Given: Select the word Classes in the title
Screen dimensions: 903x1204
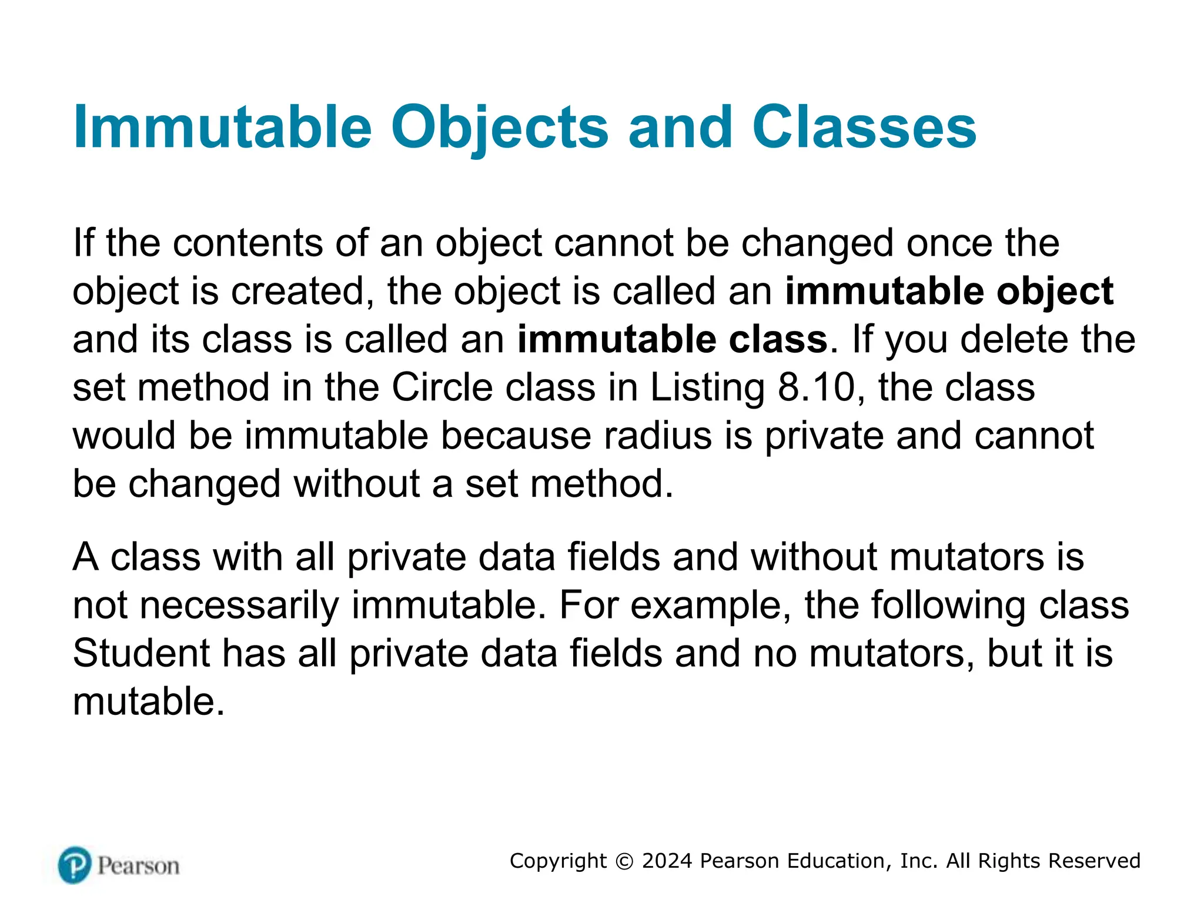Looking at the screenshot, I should [864, 128].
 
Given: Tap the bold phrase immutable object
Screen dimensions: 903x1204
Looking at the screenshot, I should [949, 292].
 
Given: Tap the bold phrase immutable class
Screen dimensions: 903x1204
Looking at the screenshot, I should [672, 340].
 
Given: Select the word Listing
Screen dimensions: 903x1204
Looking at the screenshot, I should [707, 388].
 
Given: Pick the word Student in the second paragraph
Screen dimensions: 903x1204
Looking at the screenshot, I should [141, 653].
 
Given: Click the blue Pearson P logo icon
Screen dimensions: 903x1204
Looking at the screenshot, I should [75, 865].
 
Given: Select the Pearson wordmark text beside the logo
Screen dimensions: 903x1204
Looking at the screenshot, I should [138, 866].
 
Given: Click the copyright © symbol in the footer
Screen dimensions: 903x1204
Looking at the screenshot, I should [624, 861].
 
